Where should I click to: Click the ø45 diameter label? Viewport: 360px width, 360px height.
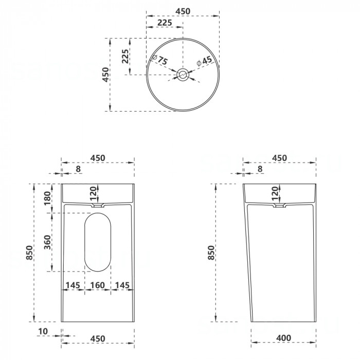[204, 61]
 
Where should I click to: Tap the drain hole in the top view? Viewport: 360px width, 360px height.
[183, 75]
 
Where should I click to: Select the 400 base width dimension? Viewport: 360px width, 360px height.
[284, 338]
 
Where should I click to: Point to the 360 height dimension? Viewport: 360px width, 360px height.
[47, 242]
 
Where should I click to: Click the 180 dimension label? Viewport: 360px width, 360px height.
[47, 198]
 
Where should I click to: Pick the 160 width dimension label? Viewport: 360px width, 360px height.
[98, 285]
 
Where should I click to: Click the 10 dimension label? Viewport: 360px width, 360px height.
[43, 331]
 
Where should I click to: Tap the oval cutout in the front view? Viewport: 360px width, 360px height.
[98, 242]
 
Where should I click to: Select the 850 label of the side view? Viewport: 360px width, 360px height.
[211, 253]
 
